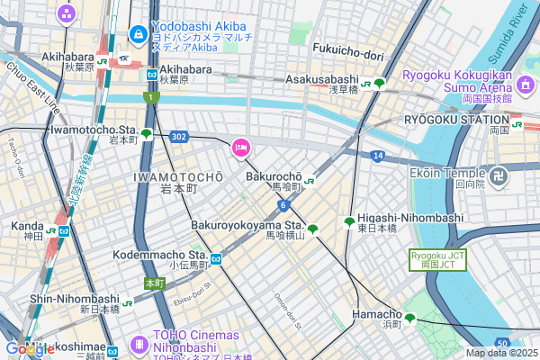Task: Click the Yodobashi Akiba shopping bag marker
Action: coord(138,35)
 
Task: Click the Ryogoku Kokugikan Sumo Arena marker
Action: coord(526,88)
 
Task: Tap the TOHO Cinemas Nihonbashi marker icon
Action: coord(139,344)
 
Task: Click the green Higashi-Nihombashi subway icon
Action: coord(349,222)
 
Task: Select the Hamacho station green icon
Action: coord(409,318)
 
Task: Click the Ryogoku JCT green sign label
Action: coord(438,261)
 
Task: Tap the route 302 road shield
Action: coord(178,137)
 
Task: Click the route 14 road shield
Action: coord(378,156)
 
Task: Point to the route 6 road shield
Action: coord(283,205)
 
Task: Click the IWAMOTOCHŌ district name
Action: coord(177,177)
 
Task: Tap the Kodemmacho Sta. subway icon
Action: coord(216,257)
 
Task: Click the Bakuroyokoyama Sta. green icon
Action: coord(312,229)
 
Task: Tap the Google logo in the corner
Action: coord(30,348)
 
